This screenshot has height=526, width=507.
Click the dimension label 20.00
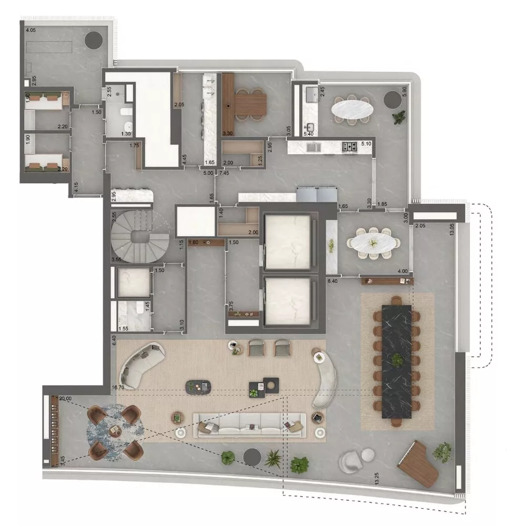pos(66,399)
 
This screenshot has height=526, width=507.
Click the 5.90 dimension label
pos(404,90)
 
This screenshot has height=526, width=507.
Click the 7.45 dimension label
pos(224,173)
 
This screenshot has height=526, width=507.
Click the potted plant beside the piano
pos(442,451)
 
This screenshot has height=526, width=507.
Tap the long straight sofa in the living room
pos(250,425)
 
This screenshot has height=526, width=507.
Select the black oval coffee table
pos(198,387)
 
